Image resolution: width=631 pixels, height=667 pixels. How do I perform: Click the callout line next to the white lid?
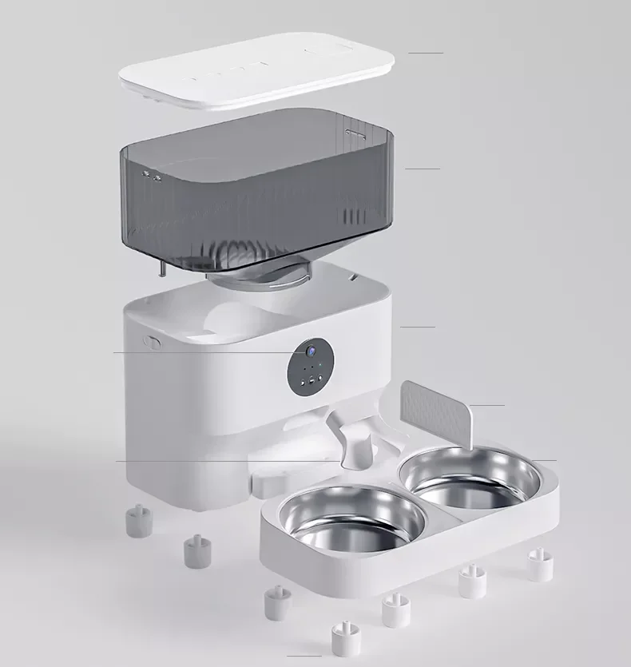[425, 53]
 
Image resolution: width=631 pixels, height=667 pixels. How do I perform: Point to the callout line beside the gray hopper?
[422, 169]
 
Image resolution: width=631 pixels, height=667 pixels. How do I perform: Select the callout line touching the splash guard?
[487, 406]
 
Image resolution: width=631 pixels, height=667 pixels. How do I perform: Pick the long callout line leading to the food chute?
[224, 461]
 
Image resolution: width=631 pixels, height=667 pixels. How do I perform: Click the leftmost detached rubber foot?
[137, 518]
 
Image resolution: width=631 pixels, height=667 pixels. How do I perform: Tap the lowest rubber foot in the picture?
[344, 637]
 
